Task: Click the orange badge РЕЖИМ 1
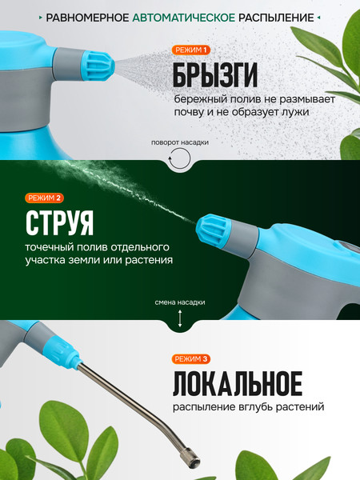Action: click(x=191, y=50)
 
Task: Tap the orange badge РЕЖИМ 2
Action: click(x=45, y=198)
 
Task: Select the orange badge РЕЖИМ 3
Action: click(x=191, y=358)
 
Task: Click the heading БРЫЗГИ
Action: click(x=214, y=76)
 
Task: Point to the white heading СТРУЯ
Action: click(x=59, y=222)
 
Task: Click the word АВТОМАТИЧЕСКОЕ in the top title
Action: click(x=189, y=17)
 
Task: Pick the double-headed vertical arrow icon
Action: click(x=180, y=319)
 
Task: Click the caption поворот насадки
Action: click(x=180, y=142)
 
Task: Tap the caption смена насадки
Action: click(x=180, y=302)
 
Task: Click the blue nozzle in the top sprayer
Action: click(x=98, y=63)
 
